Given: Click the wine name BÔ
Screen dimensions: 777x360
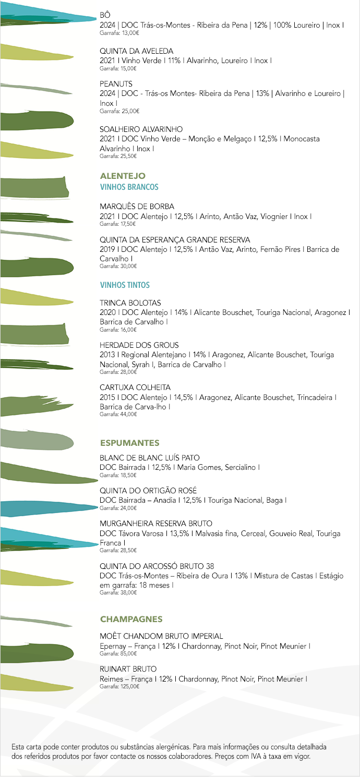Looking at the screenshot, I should (x=105, y=15).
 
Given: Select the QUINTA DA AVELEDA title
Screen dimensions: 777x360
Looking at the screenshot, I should (x=136, y=51).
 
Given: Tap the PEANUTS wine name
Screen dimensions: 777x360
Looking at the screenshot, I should (x=116, y=83).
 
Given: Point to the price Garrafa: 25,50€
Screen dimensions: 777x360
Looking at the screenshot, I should (x=118, y=156).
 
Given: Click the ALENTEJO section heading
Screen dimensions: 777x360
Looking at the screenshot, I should (x=123, y=176).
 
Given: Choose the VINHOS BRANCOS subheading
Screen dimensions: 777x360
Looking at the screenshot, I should (x=129, y=187).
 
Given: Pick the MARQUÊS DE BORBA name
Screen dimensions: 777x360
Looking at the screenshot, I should (x=137, y=207).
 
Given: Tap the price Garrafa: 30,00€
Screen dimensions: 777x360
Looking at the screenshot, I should (x=118, y=266).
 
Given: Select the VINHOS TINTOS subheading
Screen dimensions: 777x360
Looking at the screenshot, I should (x=125, y=285).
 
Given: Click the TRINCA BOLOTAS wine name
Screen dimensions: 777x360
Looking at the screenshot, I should (x=130, y=302).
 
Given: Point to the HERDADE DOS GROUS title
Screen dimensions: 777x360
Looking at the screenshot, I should (x=139, y=345).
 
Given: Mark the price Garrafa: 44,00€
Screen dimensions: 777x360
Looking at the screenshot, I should (x=118, y=414).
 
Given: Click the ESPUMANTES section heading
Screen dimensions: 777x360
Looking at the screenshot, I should (x=130, y=443).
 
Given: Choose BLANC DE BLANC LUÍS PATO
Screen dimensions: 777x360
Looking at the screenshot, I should (x=150, y=458).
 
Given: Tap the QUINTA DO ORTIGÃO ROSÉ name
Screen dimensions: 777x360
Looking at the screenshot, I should (x=148, y=490).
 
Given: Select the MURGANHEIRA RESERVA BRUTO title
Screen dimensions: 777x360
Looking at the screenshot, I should (x=156, y=523).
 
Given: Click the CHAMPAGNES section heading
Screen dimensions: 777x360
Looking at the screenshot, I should (x=131, y=619).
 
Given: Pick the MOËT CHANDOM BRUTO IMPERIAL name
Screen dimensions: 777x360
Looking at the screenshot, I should (x=161, y=636).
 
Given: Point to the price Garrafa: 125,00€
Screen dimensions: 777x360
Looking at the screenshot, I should (x=119, y=686).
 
